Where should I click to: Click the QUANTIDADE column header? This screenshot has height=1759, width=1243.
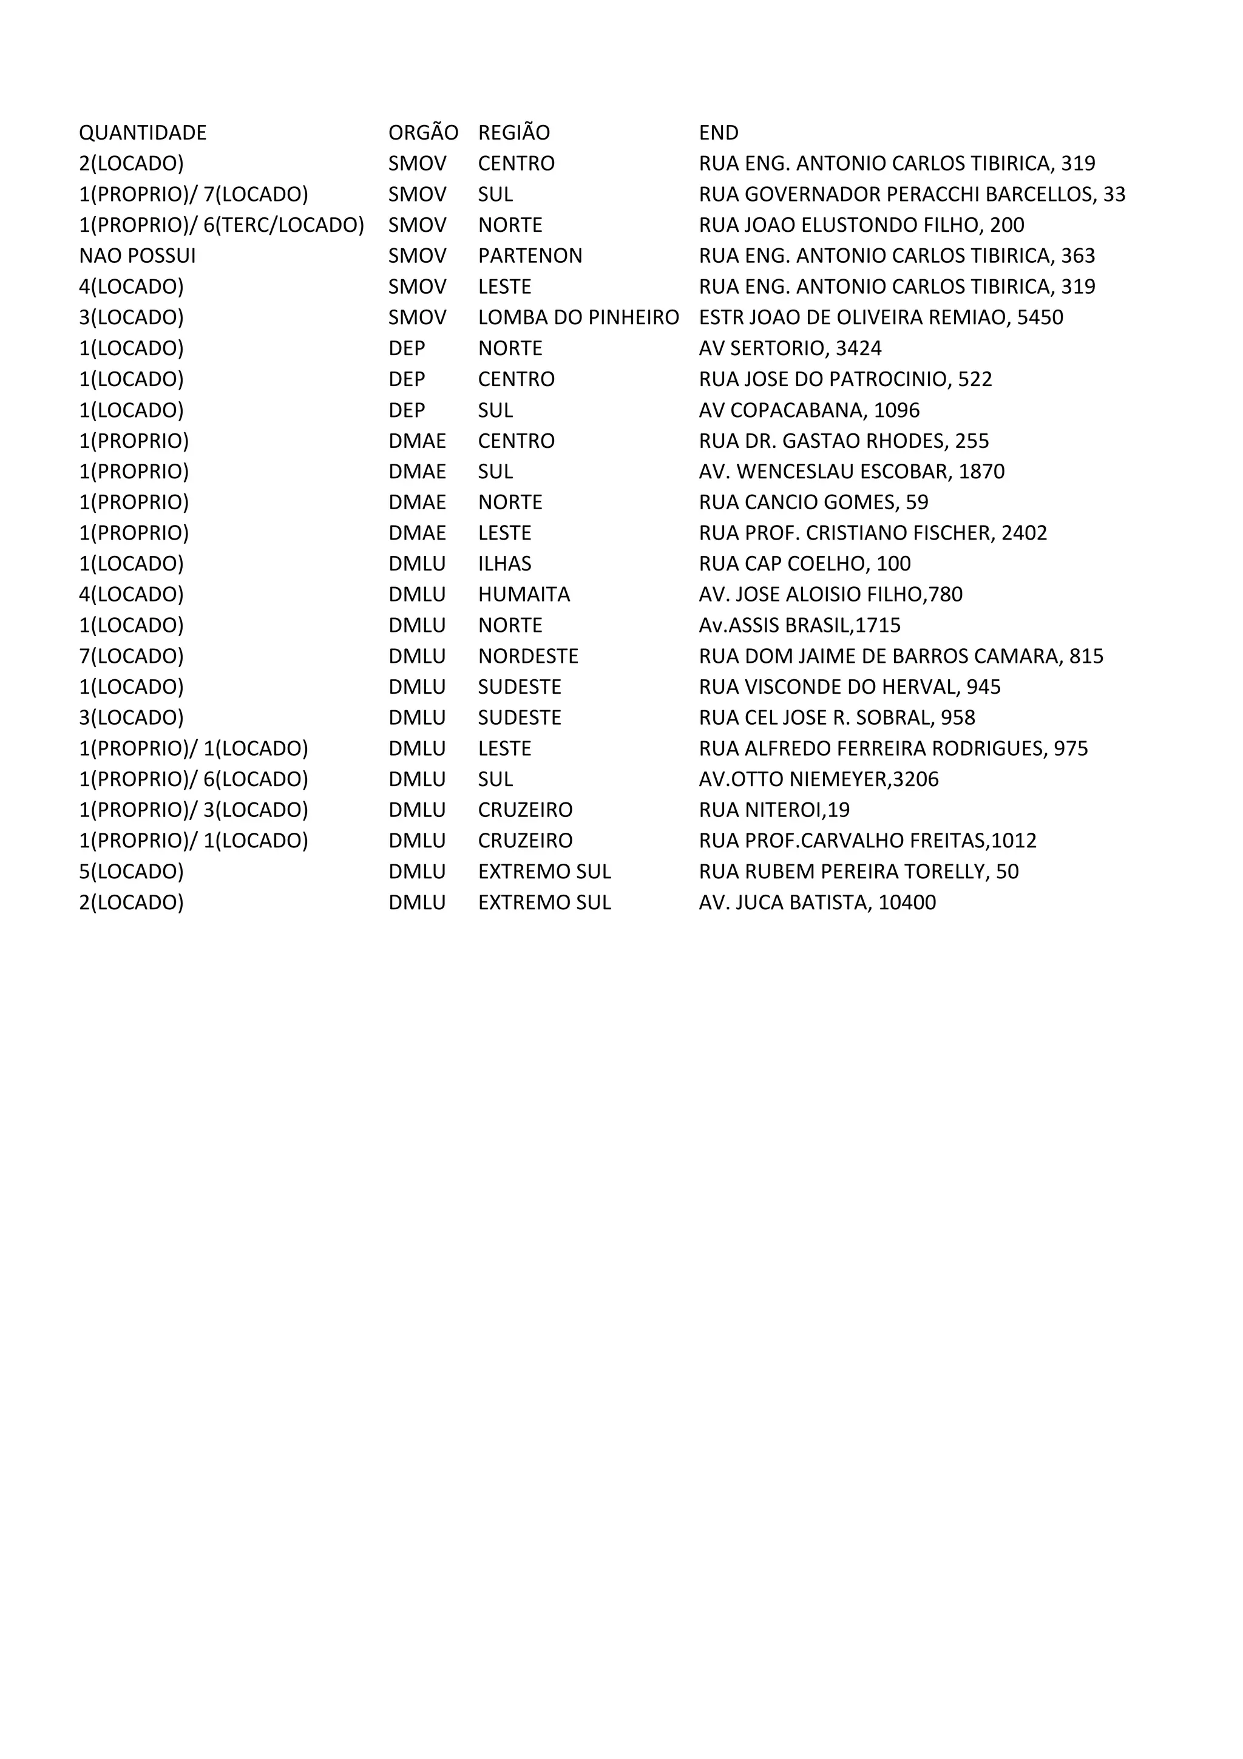pyautogui.click(x=143, y=132)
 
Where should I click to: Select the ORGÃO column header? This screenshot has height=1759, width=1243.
pyautogui.click(x=423, y=132)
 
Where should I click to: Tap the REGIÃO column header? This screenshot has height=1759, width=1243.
pyautogui.click(x=514, y=132)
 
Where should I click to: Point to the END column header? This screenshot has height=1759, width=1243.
pyautogui.click(x=719, y=132)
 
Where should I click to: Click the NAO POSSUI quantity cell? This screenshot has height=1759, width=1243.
pyautogui.click(x=137, y=256)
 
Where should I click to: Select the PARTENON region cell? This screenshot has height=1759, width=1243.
pyautogui.click(x=530, y=256)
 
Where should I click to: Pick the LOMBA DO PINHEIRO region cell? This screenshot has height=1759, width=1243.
pyautogui.click(x=578, y=317)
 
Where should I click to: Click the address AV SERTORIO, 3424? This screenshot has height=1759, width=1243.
pyautogui.click(x=790, y=348)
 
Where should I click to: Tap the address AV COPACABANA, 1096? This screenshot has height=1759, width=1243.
pyautogui.click(x=809, y=410)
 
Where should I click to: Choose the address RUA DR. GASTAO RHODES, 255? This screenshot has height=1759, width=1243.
pyautogui.click(x=843, y=441)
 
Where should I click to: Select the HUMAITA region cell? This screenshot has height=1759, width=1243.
pyautogui.click(x=524, y=594)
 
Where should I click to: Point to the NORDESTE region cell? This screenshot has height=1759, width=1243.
pyautogui.click(x=527, y=657)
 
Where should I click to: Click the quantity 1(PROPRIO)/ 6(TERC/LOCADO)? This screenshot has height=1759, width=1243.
pyautogui.click(x=222, y=225)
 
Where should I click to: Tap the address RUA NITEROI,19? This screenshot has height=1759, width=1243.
pyautogui.click(x=773, y=810)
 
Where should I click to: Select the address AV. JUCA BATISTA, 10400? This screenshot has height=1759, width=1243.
pyautogui.click(x=817, y=903)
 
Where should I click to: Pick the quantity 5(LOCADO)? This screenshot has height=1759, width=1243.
pyautogui.click(x=131, y=872)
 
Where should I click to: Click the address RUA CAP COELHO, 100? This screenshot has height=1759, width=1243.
pyautogui.click(x=804, y=564)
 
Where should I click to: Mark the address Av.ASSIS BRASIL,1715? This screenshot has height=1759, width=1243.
pyautogui.click(x=799, y=625)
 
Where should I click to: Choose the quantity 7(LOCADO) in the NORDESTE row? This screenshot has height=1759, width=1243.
pyautogui.click(x=131, y=657)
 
